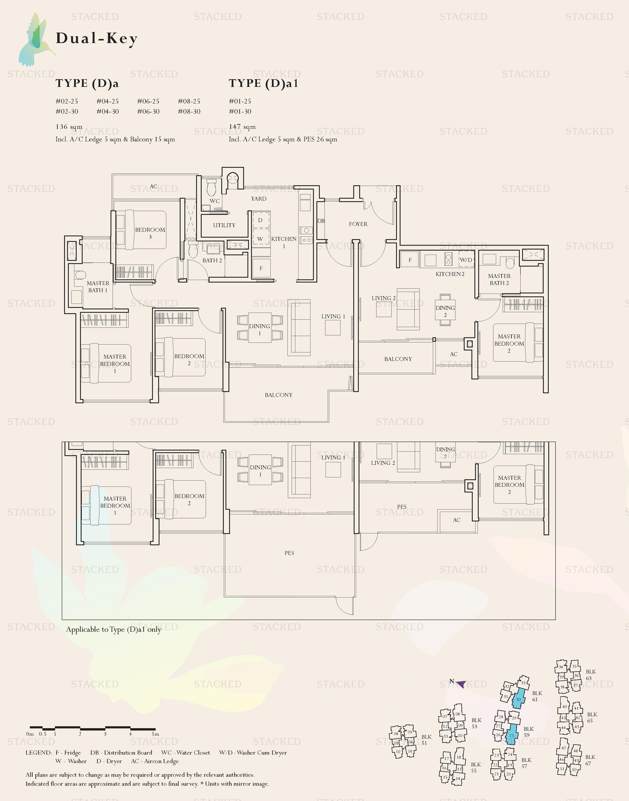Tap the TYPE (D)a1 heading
[x=263, y=83]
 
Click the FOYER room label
[x=358, y=224]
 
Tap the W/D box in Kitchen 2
[x=466, y=260]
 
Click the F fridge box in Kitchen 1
[x=261, y=268]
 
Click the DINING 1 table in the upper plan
[x=260, y=327]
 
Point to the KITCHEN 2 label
[x=450, y=274]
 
